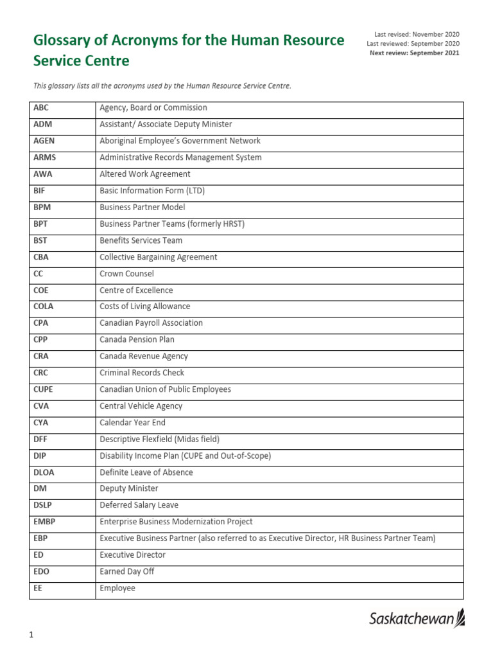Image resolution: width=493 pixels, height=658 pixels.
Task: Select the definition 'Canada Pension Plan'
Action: [x=137, y=339]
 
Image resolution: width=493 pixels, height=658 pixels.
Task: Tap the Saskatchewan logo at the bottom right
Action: [x=417, y=619]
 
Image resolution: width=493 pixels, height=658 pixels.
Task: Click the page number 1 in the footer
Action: [x=30, y=636]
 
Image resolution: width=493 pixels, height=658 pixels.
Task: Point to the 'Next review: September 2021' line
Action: [x=414, y=53]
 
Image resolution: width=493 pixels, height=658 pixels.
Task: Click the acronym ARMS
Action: [x=44, y=157]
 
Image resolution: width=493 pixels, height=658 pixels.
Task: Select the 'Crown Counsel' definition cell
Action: [x=126, y=274]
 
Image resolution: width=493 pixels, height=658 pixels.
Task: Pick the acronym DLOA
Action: [x=44, y=472]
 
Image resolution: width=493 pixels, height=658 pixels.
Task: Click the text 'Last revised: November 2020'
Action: [x=417, y=34]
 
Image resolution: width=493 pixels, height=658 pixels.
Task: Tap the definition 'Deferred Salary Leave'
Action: [x=139, y=505]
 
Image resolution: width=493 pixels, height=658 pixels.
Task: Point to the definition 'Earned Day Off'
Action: [x=127, y=571]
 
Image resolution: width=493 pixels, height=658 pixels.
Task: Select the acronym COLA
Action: [x=43, y=307]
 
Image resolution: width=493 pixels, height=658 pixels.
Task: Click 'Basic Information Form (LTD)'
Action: [x=152, y=191]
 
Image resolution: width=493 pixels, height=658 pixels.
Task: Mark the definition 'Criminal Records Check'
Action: [x=142, y=373]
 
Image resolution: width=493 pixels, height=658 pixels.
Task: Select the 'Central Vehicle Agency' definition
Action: [x=141, y=406]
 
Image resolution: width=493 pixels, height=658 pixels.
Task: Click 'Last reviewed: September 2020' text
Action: [x=413, y=44]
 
